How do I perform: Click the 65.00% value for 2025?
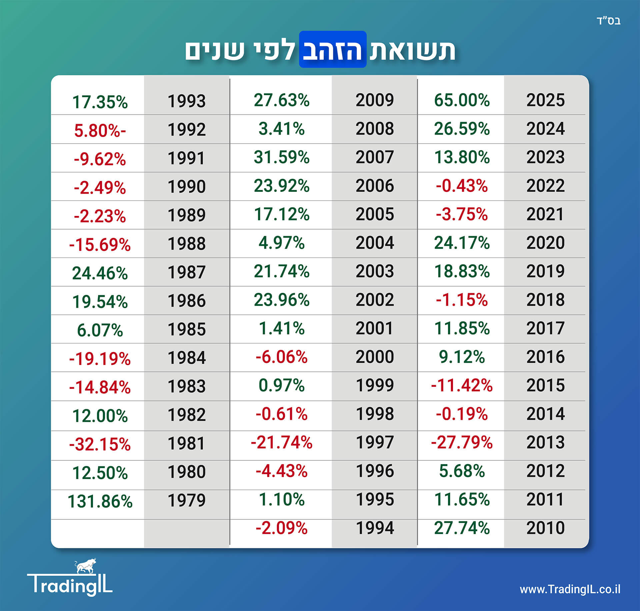click(x=462, y=100)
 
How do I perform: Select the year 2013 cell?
click(x=545, y=442)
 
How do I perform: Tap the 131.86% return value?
click(x=100, y=501)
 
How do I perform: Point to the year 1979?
click(x=187, y=500)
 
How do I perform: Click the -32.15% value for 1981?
click(x=100, y=444)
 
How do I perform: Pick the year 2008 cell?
click(x=375, y=129)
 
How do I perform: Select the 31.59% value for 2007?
click(x=282, y=157)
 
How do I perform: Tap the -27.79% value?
click(x=462, y=442)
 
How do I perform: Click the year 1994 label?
click(x=375, y=528)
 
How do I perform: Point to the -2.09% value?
click(x=282, y=528)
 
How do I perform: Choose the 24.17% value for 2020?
click(x=462, y=243)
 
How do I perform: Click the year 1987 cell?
click(x=187, y=272)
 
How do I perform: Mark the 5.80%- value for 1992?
click(x=100, y=130)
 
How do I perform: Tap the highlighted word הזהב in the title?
click(x=333, y=50)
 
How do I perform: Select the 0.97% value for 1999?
click(x=282, y=385)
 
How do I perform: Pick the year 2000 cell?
click(x=375, y=357)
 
